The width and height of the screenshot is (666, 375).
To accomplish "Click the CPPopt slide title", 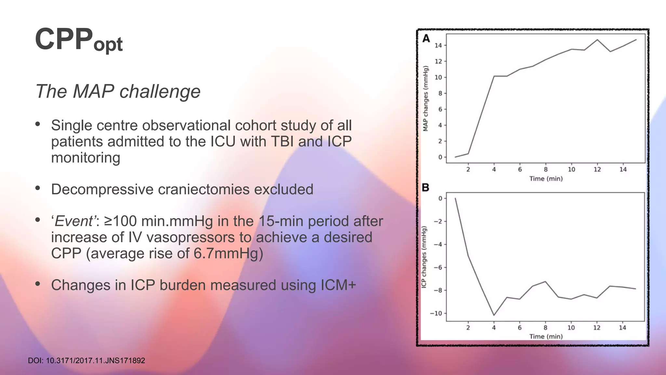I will pos(78,40).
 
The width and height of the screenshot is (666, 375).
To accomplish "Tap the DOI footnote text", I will pos(86,361).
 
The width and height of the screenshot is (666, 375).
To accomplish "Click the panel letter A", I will pos(426,39).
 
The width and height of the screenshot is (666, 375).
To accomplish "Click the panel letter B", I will pos(425,187).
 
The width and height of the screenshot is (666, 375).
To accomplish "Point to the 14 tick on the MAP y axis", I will pos(438,45).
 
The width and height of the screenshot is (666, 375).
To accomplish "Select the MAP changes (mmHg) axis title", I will pos(425,98).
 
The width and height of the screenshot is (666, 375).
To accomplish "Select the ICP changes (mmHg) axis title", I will pos(424,257).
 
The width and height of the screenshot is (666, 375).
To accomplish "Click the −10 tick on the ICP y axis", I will pos(436,313).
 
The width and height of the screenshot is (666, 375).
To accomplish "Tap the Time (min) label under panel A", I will pos(546,179).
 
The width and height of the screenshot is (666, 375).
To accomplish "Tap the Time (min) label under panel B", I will pos(546,337).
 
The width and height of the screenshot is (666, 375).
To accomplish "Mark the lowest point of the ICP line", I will pos(494,315).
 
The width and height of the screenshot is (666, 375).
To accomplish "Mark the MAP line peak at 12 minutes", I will pos(597,40).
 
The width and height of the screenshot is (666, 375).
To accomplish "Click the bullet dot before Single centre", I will pos(38,124).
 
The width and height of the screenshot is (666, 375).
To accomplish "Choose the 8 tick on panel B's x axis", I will pos(545,327).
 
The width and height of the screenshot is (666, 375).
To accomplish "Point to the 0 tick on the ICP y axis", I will pos(440,198).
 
